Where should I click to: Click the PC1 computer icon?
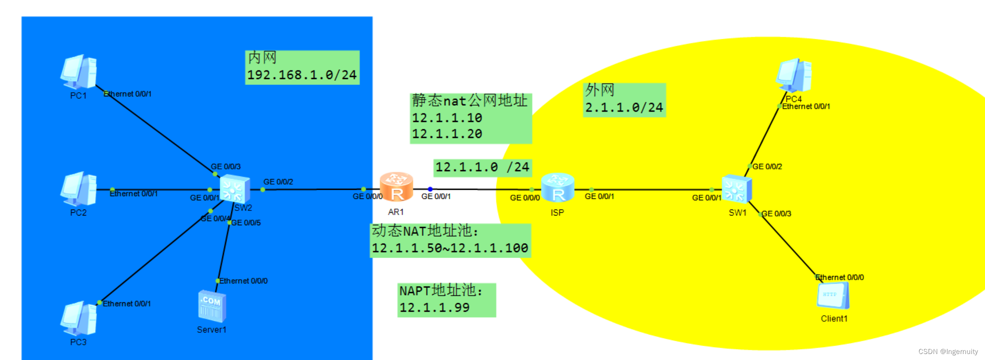(x=78, y=72)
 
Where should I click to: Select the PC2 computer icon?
(x=78, y=188)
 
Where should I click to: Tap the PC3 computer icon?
(x=78, y=318)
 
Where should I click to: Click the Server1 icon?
(x=212, y=306)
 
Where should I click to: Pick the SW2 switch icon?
(x=234, y=189)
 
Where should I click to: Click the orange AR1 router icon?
(x=396, y=187)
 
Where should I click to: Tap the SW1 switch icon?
(x=737, y=189)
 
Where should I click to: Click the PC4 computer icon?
(x=794, y=75)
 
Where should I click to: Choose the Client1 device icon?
(x=833, y=295)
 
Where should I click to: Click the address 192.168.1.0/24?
(x=302, y=75)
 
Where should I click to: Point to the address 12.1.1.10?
(x=447, y=118)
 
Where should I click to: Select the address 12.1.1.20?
(x=447, y=134)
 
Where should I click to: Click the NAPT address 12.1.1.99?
(x=434, y=308)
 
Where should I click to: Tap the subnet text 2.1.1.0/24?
(x=624, y=108)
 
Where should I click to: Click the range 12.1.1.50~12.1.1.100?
(x=450, y=248)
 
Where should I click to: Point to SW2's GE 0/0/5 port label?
(x=246, y=223)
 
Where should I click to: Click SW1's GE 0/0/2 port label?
(x=767, y=167)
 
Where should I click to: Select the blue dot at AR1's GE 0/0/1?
(x=430, y=189)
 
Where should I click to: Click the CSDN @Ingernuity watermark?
(x=948, y=352)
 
